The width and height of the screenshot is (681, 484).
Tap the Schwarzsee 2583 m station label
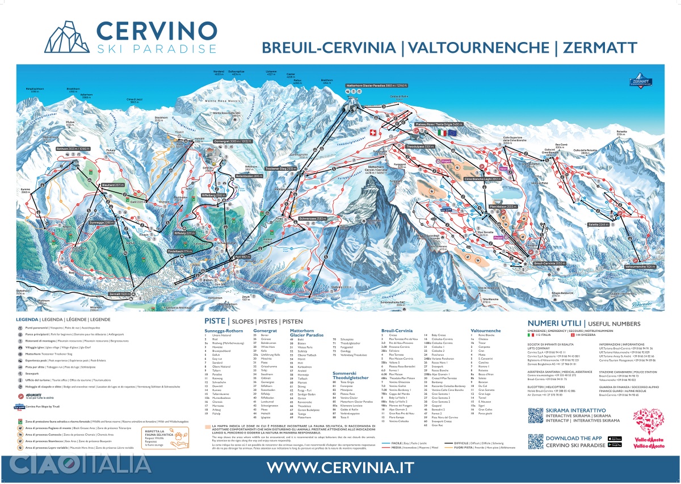coord(313,218)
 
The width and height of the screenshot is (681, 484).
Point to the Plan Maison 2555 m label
coord(502,207)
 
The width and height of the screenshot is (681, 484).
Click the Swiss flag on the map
coord(373,133)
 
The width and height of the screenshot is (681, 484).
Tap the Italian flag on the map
coord(442,132)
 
